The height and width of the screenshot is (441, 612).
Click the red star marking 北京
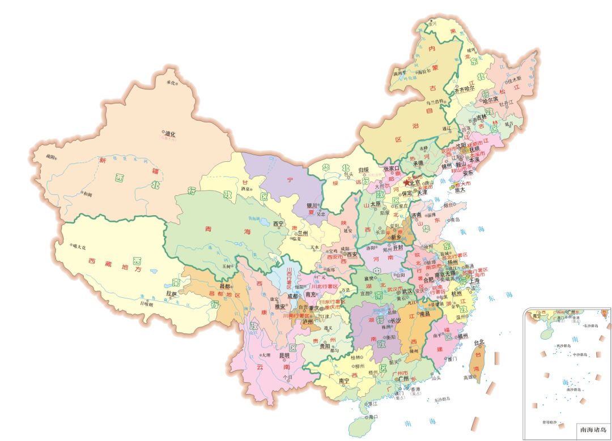[406, 182]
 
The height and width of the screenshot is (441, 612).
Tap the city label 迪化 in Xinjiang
[170, 134]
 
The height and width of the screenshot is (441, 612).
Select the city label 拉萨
[171, 293]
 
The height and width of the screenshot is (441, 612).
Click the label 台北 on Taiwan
[479, 342]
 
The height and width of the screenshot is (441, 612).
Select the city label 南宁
[343, 382]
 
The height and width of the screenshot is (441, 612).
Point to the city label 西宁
[278, 224]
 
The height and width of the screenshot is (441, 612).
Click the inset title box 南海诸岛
[593, 430]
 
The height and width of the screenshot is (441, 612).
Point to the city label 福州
[462, 336]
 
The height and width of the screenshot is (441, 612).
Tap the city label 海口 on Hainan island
[373, 417]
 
